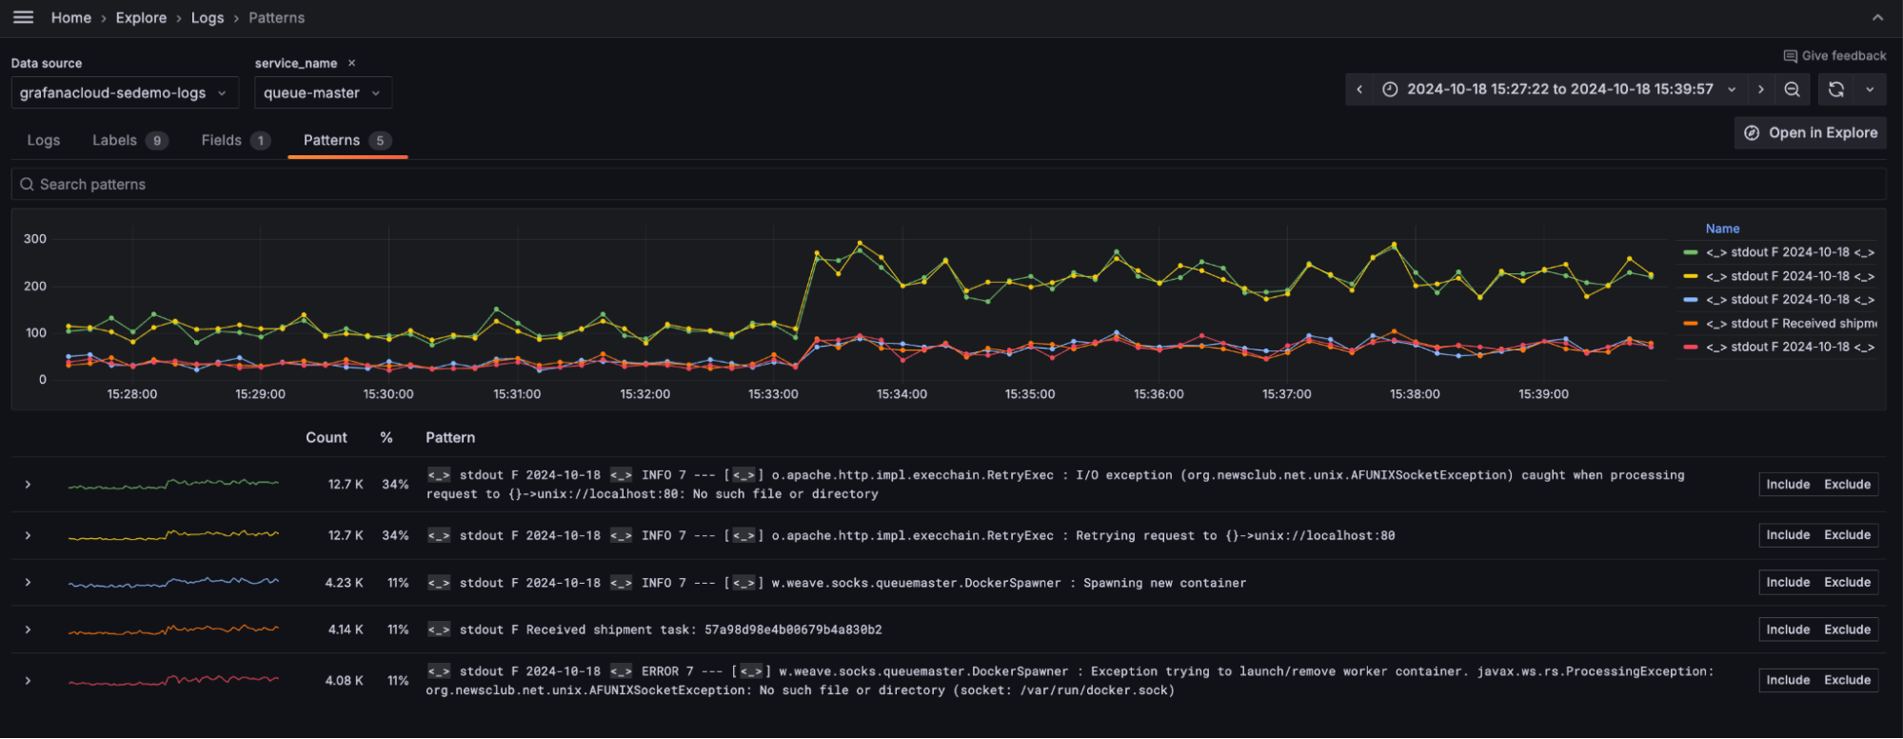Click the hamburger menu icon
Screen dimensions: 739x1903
23,17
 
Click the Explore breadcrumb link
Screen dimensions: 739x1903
141,18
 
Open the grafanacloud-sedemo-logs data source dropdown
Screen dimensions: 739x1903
124,92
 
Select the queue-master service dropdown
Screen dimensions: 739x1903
322,92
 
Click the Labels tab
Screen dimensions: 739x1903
115,140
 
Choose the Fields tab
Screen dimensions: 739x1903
222,140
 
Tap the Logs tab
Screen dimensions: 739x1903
44,140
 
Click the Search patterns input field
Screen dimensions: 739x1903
476,184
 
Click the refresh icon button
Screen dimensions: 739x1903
1836,90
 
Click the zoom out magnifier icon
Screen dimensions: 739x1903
1792,90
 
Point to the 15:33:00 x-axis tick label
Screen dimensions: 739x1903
773,394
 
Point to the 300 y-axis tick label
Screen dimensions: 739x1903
35,239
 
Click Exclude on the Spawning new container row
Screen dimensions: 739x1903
1847,582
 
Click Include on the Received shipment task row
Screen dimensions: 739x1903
1788,629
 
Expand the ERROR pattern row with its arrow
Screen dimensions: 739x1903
29,681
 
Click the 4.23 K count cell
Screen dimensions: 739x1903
344,583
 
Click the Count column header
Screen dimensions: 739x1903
326,437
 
